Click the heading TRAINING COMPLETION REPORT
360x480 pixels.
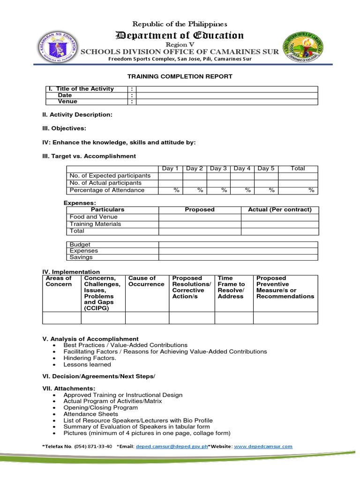(180, 76)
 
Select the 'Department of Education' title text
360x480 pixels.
(180, 36)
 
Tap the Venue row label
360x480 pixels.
(67, 102)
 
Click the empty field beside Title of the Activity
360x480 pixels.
(227, 89)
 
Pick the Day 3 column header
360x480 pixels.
(218, 169)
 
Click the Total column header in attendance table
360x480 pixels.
(298, 169)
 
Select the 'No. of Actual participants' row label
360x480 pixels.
(105, 183)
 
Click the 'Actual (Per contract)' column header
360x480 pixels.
(279, 210)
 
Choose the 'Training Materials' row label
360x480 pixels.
(95, 224)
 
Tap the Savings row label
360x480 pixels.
(81, 257)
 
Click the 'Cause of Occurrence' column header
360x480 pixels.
(146, 281)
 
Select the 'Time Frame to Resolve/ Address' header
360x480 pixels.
(232, 287)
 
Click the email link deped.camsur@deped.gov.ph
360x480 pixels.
(171, 447)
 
